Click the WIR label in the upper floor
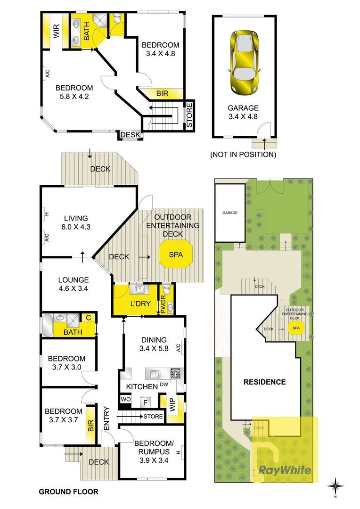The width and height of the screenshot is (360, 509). (x=56, y=32)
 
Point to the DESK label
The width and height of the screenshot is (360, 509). (x=131, y=135)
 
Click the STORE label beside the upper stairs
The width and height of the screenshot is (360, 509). (x=189, y=116)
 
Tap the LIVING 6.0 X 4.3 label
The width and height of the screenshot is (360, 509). (x=76, y=222)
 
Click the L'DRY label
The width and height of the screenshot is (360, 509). (x=140, y=304)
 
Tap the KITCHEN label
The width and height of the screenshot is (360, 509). (x=141, y=386)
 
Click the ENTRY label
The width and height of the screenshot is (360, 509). (x=106, y=418)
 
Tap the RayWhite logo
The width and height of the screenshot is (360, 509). (x=285, y=470)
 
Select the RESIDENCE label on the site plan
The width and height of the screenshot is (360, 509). (x=264, y=382)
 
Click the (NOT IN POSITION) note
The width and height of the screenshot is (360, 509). (x=243, y=154)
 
